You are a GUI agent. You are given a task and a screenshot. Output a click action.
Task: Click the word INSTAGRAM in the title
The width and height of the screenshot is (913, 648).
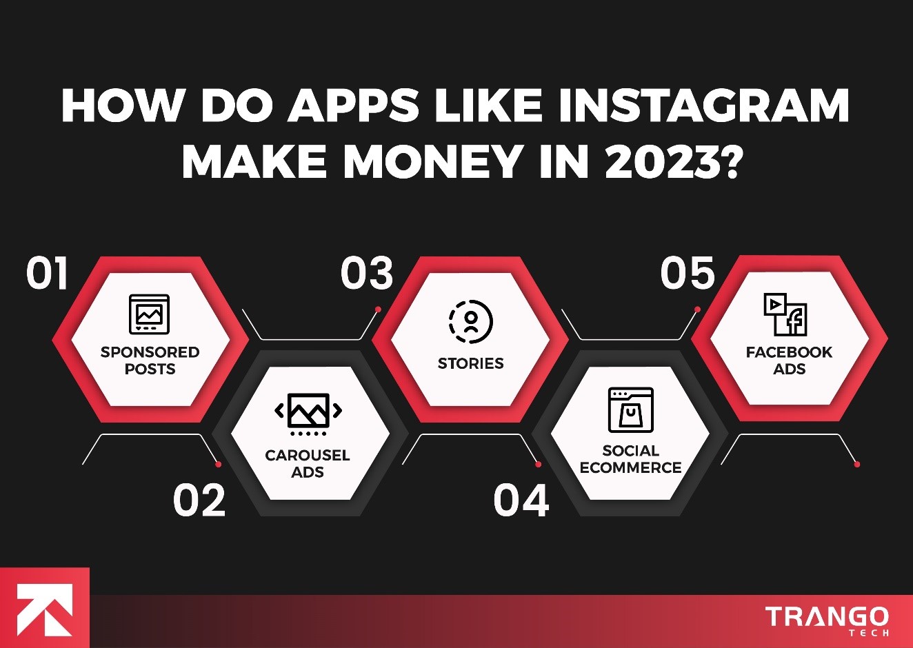click(703, 105)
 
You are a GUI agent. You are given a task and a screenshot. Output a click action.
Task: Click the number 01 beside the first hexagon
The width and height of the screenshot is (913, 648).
click(48, 273)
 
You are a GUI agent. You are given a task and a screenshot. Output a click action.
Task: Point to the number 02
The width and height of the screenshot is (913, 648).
click(199, 500)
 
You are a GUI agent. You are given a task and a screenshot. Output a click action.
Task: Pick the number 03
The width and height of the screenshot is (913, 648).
click(367, 273)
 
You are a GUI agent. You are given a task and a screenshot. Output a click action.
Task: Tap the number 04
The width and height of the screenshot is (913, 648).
click(521, 500)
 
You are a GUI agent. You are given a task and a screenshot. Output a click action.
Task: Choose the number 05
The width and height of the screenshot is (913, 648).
click(688, 273)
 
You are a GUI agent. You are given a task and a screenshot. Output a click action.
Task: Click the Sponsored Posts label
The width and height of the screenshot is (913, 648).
click(150, 361)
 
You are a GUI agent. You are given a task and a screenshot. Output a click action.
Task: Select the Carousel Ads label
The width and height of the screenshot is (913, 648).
click(308, 464)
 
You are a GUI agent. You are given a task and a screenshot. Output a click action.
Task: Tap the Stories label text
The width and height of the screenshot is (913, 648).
click(471, 363)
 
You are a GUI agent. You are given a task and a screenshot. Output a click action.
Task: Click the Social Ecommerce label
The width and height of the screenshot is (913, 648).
click(630, 459)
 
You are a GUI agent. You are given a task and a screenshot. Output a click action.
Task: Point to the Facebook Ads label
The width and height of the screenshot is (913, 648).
click(789, 361)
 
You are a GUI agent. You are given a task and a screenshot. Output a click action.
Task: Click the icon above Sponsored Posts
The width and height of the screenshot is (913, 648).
click(149, 314)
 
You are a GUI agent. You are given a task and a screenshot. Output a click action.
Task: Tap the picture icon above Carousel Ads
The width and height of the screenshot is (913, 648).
click(308, 413)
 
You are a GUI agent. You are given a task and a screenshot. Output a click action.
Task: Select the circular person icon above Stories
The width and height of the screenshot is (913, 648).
click(471, 321)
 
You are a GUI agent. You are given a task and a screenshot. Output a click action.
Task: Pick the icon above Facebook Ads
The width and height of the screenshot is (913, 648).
click(785, 314)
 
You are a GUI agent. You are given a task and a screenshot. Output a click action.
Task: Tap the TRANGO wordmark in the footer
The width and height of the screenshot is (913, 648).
click(827, 617)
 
